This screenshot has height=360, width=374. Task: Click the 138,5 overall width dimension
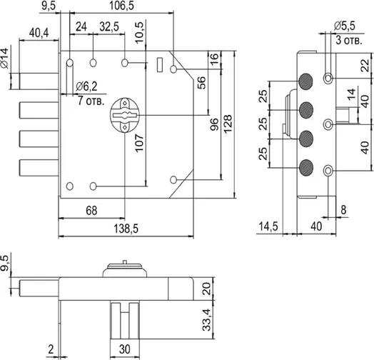tap(126, 229)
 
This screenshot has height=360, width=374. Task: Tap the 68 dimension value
tap(91, 211)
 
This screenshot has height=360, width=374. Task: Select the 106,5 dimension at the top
tap(121, 6)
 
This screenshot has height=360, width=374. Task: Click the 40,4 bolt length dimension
tap(39, 33)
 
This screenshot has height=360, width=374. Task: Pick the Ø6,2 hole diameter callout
tap(86, 86)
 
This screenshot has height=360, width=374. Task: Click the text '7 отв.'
tap(91, 101)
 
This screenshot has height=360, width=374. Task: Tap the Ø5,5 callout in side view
tap(345, 26)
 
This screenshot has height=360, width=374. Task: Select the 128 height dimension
tap(228, 124)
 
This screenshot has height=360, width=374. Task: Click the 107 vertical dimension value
tap(139, 143)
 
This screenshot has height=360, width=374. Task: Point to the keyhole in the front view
tap(124, 115)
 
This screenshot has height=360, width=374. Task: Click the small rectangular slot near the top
tap(160, 64)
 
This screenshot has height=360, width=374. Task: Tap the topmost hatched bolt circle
tap(305, 81)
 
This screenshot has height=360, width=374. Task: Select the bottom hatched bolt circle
tap(305, 168)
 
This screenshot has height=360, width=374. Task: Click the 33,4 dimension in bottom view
tap(206, 320)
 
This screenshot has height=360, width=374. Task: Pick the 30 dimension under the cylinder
tap(124, 349)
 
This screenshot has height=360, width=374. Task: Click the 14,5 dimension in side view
tap(268, 226)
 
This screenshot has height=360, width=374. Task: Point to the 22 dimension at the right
tap(365, 66)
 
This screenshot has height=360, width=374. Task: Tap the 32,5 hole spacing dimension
tap(109, 26)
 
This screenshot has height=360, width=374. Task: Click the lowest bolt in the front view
tap(39, 168)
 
